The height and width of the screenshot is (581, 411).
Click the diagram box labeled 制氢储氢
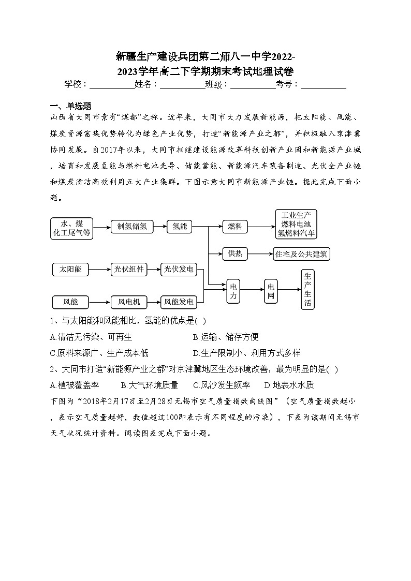(x=133, y=226)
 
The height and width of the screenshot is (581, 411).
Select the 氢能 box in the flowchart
(x=180, y=226)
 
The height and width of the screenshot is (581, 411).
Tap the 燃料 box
(x=235, y=226)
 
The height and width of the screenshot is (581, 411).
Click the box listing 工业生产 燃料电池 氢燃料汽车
(x=296, y=224)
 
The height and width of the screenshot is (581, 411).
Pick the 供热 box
(x=235, y=254)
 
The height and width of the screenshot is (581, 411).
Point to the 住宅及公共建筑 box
(x=301, y=254)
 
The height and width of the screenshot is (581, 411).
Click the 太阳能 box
(x=71, y=269)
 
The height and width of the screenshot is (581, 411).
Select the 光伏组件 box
(x=129, y=269)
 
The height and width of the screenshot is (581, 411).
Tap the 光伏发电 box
(x=179, y=269)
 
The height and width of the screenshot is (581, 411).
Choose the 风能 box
(x=71, y=302)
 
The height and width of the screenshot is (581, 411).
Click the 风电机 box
(x=129, y=302)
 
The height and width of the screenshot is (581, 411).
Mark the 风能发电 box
(x=179, y=302)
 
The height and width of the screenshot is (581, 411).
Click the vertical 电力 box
(x=233, y=291)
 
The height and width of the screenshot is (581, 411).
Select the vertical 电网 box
(x=271, y=291)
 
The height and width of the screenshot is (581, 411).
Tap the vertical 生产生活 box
(x=307, y=289)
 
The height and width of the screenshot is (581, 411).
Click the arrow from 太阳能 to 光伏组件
(x=100, y=269)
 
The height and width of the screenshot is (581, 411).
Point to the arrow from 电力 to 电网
(x=252, y=291)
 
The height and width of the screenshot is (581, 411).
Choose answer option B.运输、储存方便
(x=226, y=337)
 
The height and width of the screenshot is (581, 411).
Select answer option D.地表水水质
(x=289, y=385)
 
